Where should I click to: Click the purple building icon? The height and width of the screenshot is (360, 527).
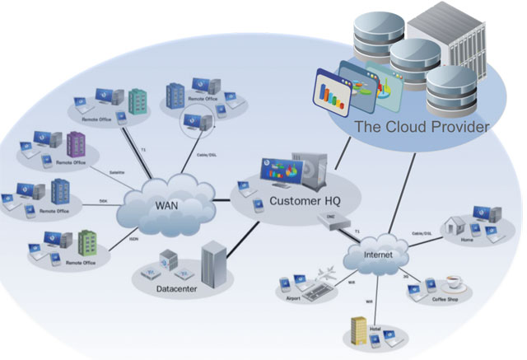pyautogui.click(x=76, y=146)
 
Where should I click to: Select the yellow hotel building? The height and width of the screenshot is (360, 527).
pyautogui.click(x=358, y=330)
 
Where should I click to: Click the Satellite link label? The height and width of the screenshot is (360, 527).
pyautogui.click(x=117, y=172)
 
